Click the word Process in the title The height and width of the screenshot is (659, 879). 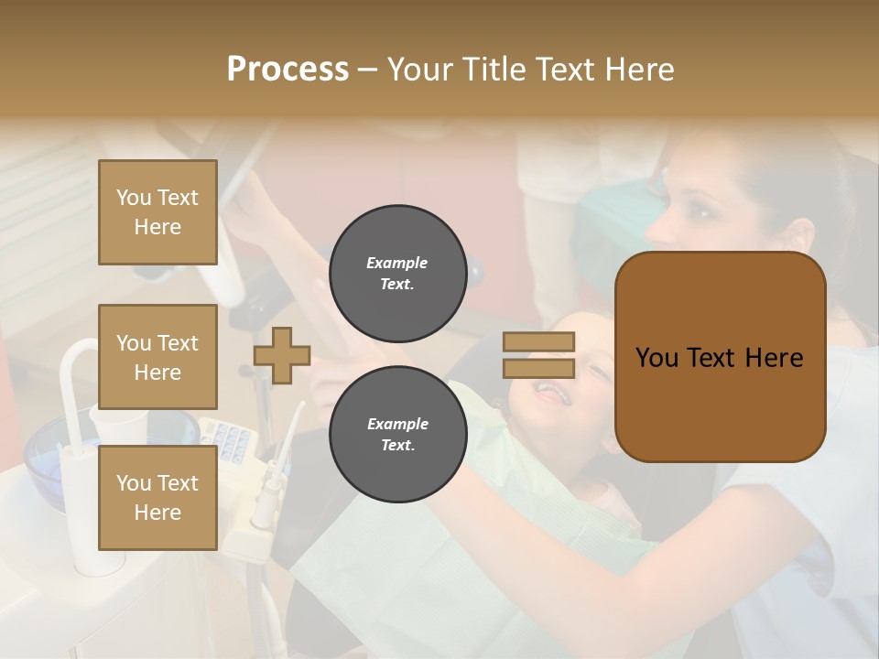click(x=288, y=70)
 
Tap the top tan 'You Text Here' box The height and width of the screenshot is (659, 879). click(x=157, y=212)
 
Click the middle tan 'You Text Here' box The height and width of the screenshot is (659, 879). click(x=157, y=357)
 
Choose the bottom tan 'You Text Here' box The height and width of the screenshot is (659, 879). click(x=157, y=498)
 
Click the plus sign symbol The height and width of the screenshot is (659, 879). click(x=282, y=355)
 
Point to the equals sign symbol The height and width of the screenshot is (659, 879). click(x=538, y=355)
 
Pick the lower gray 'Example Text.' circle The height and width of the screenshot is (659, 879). click(x=397, y=434)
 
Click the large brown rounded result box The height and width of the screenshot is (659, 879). click(x=720, y=357)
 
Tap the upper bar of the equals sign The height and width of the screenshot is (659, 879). click(x=538, y=342)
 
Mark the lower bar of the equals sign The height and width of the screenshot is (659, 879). click(x=538, y=369)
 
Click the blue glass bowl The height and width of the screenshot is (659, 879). click(x=60, y=448)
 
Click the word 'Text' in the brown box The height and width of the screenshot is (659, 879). click(x=720, y=357)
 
